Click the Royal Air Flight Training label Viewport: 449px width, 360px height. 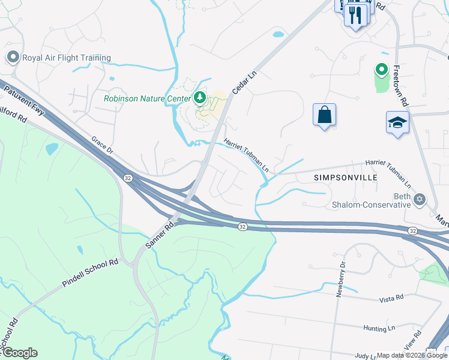(66, 58)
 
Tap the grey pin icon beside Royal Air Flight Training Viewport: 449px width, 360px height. (13, 58)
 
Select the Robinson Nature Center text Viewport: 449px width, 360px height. (146, 98)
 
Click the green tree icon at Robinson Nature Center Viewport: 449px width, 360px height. (199, 97)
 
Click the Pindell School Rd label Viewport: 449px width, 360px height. (91, 274)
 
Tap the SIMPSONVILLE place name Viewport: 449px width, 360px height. (345, 178)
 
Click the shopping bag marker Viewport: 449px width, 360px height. (324, 114)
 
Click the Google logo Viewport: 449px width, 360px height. (19, 353)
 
